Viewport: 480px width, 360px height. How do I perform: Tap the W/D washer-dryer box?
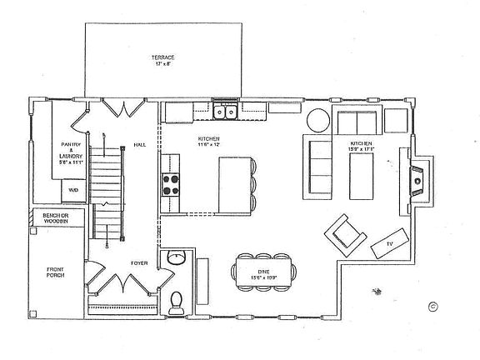coord(73,190)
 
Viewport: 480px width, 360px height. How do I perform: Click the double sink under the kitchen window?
coord(225,112)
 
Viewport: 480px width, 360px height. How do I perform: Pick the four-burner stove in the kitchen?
coord(171,184)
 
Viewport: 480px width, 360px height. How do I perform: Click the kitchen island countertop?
coord(233,182)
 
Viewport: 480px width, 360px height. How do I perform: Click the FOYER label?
coord(139,262)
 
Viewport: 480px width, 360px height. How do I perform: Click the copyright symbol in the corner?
coord(432,305)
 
